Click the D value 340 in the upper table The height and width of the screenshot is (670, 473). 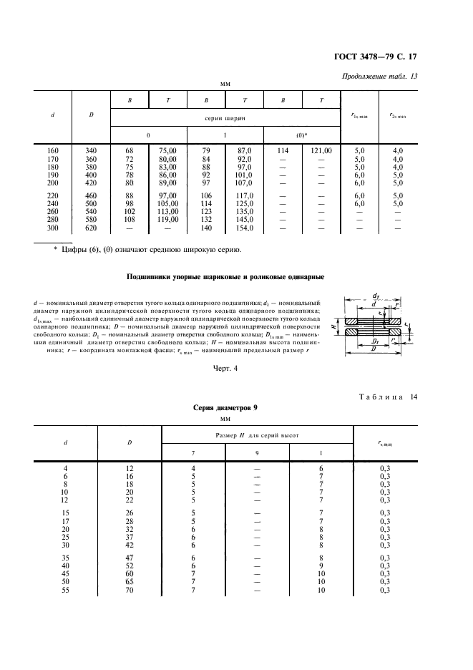tap(91, 151)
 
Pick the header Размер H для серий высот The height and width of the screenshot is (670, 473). tap(257, 434)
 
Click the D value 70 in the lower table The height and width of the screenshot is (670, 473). tap(130, 590)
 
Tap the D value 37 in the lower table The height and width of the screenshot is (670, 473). tap(130, 536)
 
